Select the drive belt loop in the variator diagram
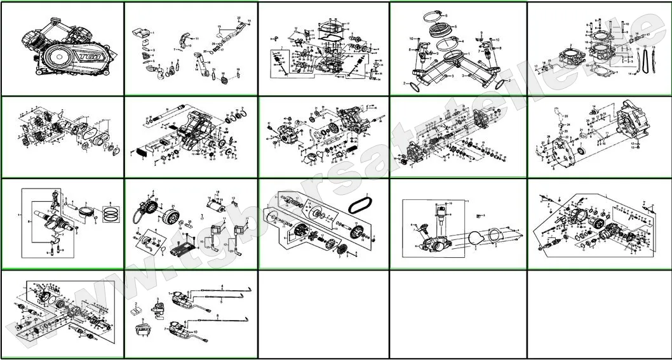tap(362, 204)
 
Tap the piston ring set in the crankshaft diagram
tap(111, 213)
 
